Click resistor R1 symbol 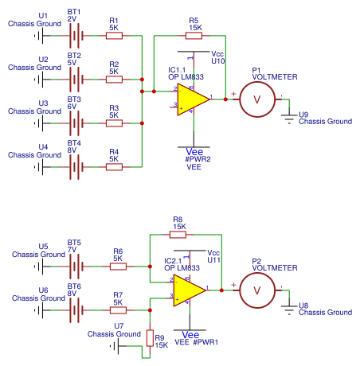[114, 35]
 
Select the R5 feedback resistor [194, 35]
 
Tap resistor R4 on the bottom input [114, 166]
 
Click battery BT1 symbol [76, 35]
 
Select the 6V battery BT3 [76, 123]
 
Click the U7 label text [119, 325]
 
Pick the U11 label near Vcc [214, 259]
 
